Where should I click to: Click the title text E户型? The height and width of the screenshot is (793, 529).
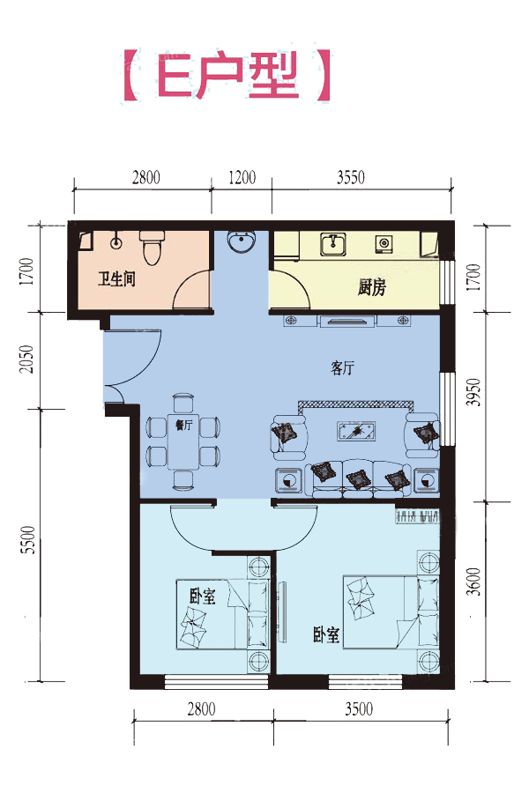coord(227,75)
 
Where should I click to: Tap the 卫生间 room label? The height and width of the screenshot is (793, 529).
coord(116,278)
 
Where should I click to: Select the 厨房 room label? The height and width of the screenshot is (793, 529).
coord(372,288)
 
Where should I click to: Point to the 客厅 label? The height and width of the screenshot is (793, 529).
coord(343,368)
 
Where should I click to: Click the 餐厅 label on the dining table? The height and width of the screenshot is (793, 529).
coord(183,426)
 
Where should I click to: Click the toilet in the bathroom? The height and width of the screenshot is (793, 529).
coord(152,248)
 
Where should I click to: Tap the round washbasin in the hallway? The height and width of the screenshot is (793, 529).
coord(241,241)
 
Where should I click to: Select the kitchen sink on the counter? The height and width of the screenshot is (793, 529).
coord(333,244)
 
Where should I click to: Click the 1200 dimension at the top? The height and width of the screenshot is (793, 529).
coord(242,177)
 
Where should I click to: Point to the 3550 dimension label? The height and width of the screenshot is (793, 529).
coord(351,177)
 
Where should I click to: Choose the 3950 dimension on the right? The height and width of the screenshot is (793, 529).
coord(473,392)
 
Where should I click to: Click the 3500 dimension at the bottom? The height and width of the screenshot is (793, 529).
coord(359,709)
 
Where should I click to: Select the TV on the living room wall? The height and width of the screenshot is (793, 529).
coord(347,321)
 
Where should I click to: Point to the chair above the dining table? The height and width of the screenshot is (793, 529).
coord(183,403)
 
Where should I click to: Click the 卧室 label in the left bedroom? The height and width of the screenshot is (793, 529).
coord(203,597)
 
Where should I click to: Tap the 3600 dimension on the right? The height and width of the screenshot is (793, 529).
coord(473,582)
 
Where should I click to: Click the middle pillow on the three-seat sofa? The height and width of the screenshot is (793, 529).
coord(358,478)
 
